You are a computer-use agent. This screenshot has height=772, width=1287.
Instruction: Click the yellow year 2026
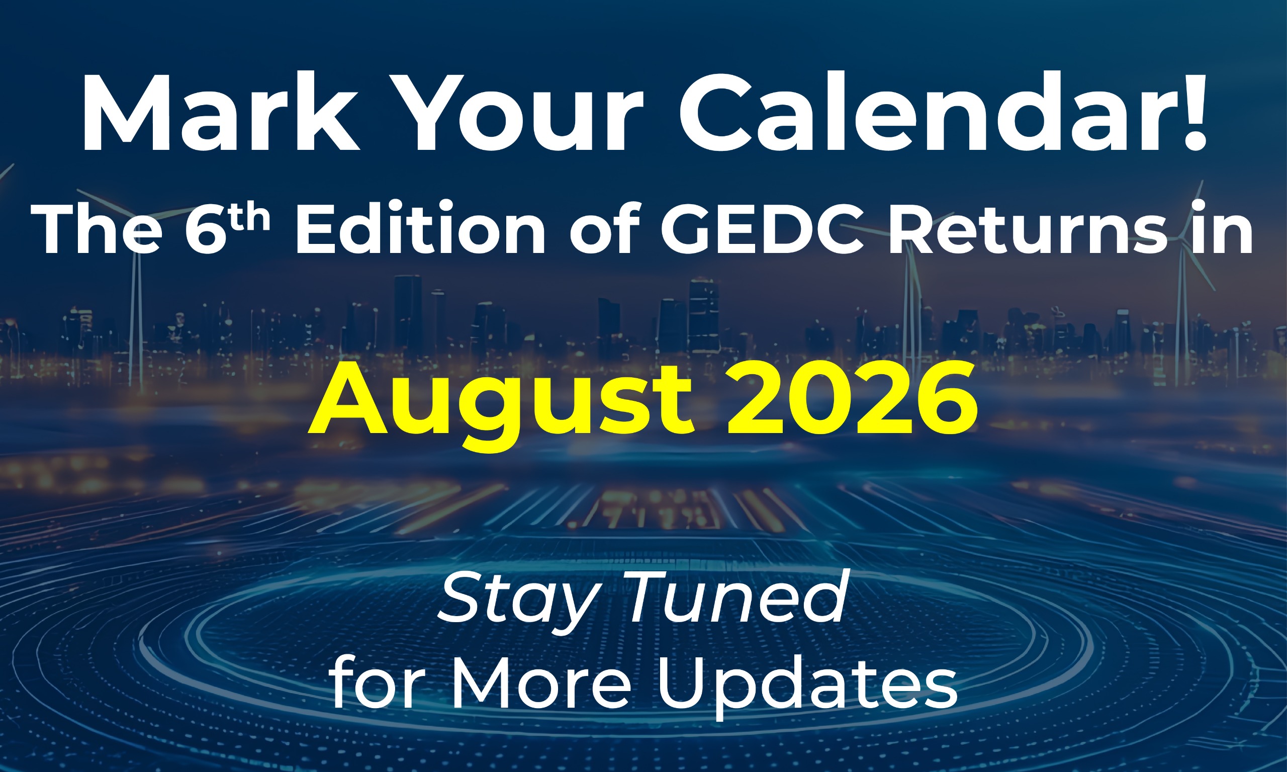click(x=851, y=398)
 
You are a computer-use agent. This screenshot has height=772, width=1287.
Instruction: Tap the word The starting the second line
click(x=97, y=229)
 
